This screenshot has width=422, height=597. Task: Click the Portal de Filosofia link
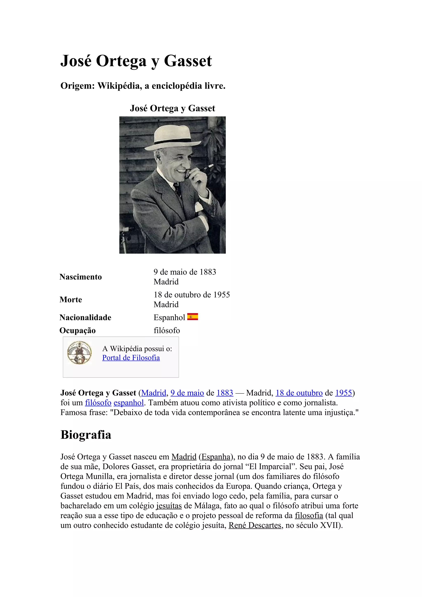point(131,358)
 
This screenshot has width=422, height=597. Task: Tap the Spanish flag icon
point(192,317)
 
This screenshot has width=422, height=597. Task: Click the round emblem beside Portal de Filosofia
point(79,353)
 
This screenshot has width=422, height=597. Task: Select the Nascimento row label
point(81,277)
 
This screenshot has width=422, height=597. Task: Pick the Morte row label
point(71,300)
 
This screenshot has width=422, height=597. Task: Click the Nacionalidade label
point(85,317)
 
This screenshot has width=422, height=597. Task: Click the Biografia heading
point(86,435)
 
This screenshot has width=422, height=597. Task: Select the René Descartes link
point(255,525)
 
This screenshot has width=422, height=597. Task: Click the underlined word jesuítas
point(169,506)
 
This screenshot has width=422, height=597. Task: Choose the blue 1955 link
point(343,393)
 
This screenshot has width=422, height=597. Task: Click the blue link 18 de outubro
point(299,393)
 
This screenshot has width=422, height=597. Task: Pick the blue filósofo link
point(98,403)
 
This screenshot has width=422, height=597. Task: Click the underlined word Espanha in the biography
point(216,457)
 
